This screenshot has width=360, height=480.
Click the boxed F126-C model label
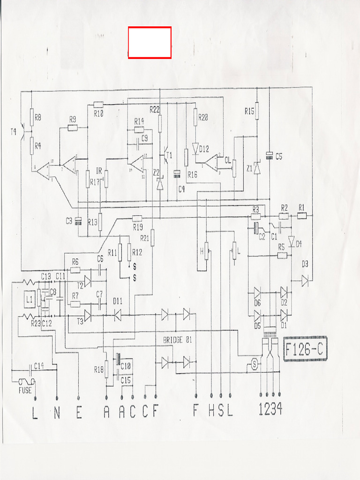[305, 349]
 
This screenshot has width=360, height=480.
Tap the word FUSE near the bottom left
[25, 390]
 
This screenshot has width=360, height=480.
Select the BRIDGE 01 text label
[177, 340]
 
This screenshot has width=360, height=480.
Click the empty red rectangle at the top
[150, 43]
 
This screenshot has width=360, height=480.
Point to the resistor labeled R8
[31, 118]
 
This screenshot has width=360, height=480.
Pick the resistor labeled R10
[98, 105]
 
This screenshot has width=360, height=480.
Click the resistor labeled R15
[257, 112]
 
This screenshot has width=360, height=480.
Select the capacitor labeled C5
[270, 156]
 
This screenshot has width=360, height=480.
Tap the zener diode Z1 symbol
[257, 167]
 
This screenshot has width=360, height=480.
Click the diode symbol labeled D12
[195, 148]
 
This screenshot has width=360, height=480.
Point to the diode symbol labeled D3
[305, 281]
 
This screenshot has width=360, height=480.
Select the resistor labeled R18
[107, 369]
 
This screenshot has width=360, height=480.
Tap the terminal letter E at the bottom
[78, 412]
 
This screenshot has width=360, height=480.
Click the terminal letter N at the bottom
[57, 412]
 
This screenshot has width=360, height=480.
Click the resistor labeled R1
[302, 216]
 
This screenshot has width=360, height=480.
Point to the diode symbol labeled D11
[118, 315]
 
